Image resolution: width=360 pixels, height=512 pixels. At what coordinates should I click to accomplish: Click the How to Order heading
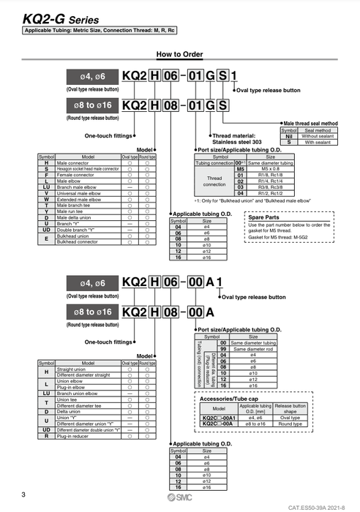coord(179,54)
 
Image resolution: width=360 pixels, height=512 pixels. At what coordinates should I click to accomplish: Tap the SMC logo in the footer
coord(179,496)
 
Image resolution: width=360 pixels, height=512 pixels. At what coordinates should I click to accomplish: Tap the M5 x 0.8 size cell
coord(261,167)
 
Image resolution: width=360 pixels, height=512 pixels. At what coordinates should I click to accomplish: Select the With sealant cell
coord(320,142)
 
